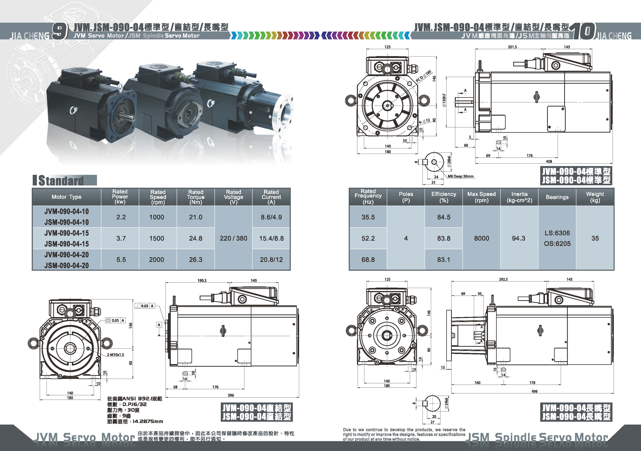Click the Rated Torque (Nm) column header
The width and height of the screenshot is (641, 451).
pyautogui.click(x=196, y=197)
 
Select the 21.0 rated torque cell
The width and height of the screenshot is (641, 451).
pyautogui.click(x=196, y=217)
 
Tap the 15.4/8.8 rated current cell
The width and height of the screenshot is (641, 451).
pyautogui.click(x=271, y=238)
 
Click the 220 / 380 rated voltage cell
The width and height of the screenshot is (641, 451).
pyautogui.click(x=233, y=238)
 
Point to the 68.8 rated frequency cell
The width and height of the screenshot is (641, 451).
pyautogui.click(x=368, y=259)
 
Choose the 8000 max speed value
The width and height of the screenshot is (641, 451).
pyautogui.click(x=482, y=238)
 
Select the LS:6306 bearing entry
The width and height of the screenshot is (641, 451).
pyautogui.click(x=557, y=233)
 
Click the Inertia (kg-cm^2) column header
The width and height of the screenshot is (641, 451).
pyautogui.click(x=519, y=197)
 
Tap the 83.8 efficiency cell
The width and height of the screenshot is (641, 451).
pyautogui.click(x=444, y=238)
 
